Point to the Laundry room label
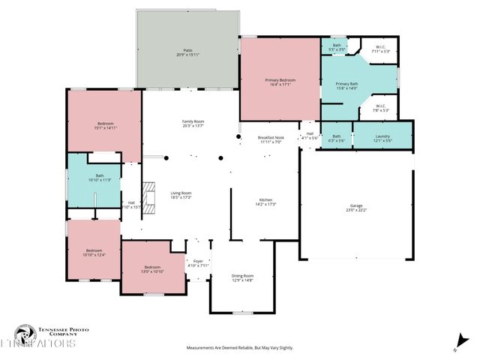[382, 138]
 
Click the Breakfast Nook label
[270, 139]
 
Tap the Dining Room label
[242, 277]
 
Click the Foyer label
[199, 262]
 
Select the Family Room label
[193, 124]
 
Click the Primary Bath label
[346, 86]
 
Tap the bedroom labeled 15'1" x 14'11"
[105, 125]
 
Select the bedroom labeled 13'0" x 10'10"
[152, 269]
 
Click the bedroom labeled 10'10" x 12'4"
[94, 252]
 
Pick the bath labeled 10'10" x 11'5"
[94, 179]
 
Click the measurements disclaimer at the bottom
[239, 348]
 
